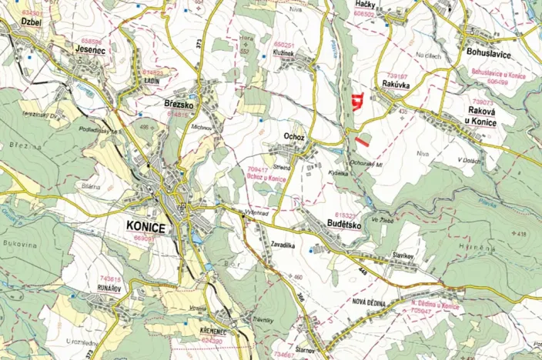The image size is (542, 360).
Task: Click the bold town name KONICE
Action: (144, 227)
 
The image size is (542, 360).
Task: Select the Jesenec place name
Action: (90, 48)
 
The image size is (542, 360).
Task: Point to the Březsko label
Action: (178, 103)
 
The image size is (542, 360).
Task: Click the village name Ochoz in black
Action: (294, 136)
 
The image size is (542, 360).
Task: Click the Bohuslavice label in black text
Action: (490, 52)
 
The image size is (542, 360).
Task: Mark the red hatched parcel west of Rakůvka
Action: (356, 101)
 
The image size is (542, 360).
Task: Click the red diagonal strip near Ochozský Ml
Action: (362, 140)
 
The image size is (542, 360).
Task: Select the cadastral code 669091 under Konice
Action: (145, 238)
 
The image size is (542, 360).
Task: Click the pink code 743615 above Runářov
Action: (110, 278)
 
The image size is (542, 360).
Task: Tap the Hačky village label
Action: (364, 5)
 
